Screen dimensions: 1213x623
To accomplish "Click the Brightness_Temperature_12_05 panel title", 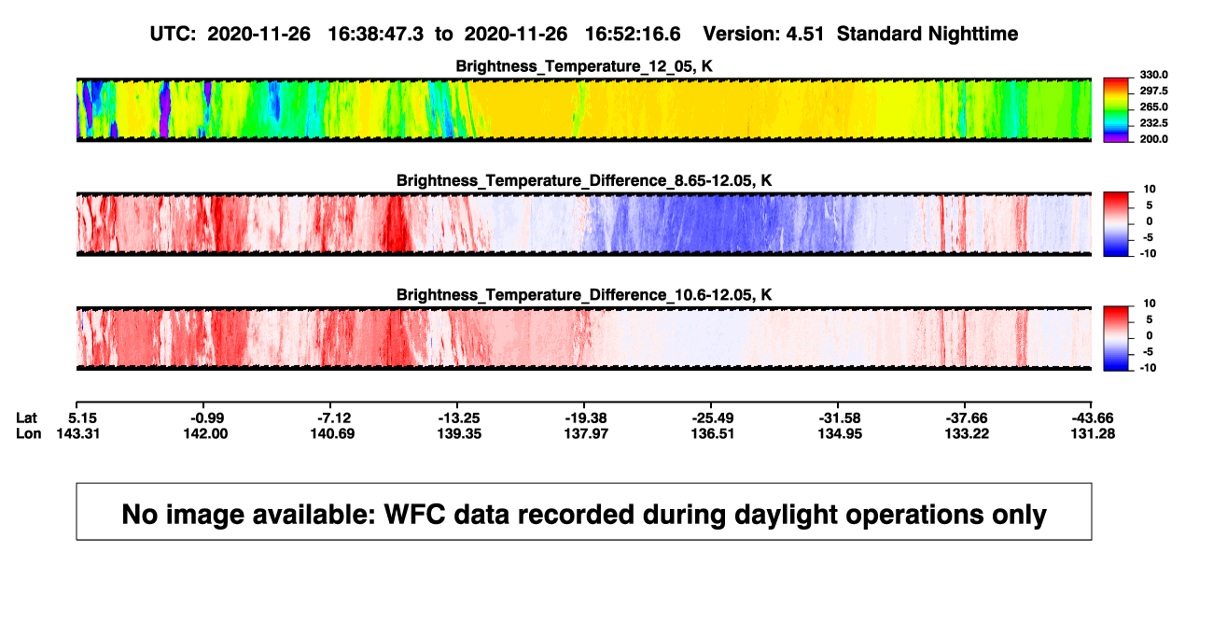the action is coord(584,66).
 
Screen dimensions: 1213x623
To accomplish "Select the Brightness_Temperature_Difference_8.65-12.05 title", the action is coord(584,180).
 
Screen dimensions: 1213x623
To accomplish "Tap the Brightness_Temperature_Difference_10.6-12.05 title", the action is coord(584,295).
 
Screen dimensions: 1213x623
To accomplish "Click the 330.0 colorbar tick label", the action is coord(1153,75).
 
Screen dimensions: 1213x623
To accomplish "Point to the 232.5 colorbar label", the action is coord(1153,123).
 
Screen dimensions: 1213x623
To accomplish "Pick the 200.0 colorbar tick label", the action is coord(1153,139).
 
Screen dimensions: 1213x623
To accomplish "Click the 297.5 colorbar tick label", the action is coord(1153,92).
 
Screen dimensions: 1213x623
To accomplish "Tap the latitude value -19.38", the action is coord(586,418).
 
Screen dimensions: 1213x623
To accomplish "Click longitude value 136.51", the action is coord(713,433).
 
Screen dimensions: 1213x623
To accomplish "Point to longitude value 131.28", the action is coord(1093,433).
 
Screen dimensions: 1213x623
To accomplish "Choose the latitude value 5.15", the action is coord(82,418).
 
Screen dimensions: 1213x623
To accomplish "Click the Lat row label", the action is coord(26,418).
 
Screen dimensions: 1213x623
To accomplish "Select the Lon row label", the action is coord(29,433).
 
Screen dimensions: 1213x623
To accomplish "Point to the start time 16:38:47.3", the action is coord(376,35).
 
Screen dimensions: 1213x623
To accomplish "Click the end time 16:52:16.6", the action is coord(633,35).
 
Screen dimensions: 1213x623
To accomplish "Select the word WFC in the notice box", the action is coord(415,515).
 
